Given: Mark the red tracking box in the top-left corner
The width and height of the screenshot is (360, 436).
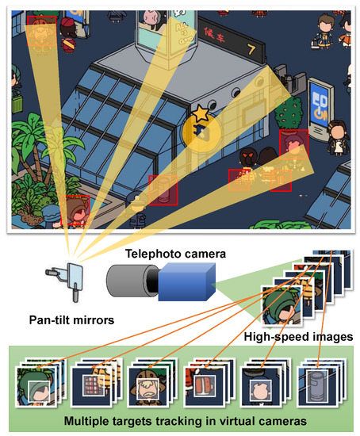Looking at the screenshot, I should coord(41,29).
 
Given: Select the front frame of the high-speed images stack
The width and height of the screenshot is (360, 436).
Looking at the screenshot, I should coord(282,306).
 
